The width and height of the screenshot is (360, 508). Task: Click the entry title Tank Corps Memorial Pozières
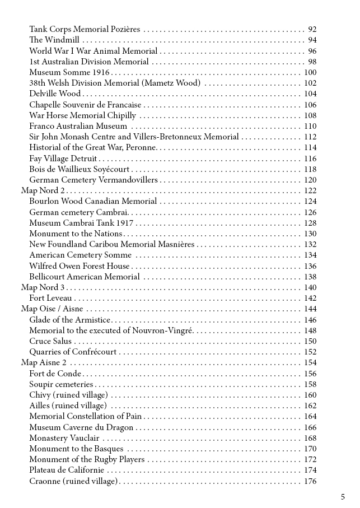point(85,29)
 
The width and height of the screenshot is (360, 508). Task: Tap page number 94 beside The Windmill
point(312,40)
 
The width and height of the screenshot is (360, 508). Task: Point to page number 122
point(310,190)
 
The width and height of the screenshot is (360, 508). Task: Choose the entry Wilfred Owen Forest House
point(79,266)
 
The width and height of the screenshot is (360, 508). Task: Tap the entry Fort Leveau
point(50,298)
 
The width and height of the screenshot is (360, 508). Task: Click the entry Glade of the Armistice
point(70,320)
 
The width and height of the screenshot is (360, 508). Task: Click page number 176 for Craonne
point(310,481)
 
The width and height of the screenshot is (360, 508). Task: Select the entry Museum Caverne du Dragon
point(81,427)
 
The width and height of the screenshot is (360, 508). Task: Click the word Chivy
point(40,395)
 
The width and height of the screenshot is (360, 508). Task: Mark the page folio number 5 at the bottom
point(342,496)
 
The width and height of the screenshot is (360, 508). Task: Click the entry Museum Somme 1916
point(69,72)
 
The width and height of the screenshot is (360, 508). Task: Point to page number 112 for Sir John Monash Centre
point(310,137)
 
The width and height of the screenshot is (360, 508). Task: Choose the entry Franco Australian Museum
point(78,126)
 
